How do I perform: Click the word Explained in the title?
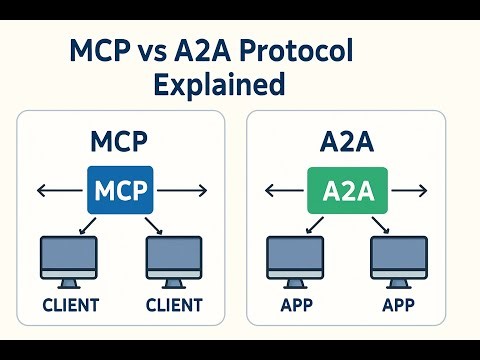tap(218, 85)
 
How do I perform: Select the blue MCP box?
tap(121, 188)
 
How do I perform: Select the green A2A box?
tap(346, 188)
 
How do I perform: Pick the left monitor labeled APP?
tap(295, 259)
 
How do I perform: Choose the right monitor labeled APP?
tap(398, 259)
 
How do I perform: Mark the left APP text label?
tap(295, 304)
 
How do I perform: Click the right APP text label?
tap(398, 304)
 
